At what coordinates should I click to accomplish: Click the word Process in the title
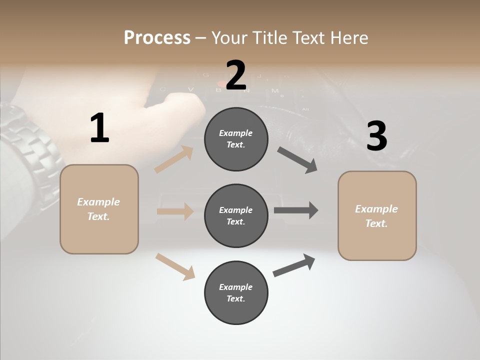[x=157, y=38]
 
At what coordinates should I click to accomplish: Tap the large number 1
[x=99, y=128]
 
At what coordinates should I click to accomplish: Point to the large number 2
[x=236, y=75]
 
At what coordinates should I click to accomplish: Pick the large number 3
[x=376, y=136]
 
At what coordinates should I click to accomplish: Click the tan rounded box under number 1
[x=99, y=209]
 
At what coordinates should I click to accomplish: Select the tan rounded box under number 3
[x=377, y=216]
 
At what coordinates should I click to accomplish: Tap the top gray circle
[x=236, y=139]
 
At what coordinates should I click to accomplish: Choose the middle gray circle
[x=236, y=215]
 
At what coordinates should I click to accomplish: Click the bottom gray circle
[x=236, y=292]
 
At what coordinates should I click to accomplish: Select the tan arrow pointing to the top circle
[x=174, y=159]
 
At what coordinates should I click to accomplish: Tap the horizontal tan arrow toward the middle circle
[x=175, y=211]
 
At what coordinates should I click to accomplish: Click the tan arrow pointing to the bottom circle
[x=175, y=266]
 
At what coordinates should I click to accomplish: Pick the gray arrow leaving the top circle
[x=297, y=160]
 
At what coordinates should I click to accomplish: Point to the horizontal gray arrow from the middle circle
[x=296, y=210]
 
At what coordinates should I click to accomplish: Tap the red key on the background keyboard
[x=221, y=83]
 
